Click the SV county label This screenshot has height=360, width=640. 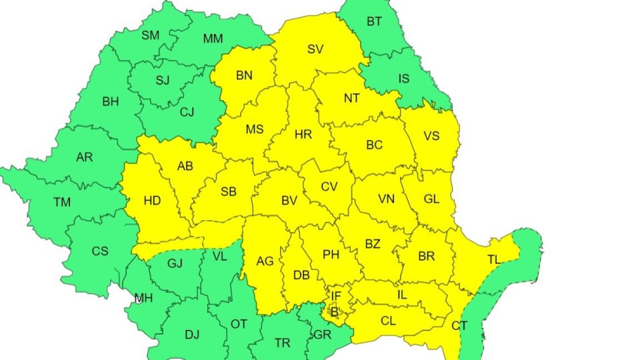[315, 49]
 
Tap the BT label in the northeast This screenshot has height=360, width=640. [374, 21]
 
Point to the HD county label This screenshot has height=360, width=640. [152, 200]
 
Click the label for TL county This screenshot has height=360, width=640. [494, 260]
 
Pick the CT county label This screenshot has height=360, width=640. [459, 326]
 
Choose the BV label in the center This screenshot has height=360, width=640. [289, 200]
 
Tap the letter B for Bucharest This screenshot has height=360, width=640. [335, 311]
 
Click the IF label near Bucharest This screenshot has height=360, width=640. [336, 295]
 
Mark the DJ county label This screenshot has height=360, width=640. [173, 335]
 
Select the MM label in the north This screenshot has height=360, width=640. [213, 39]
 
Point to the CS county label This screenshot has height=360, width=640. [100, 251]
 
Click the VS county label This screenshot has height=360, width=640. [432, 136]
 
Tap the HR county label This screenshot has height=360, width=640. [303, 135]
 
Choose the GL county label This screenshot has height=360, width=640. [432, 199]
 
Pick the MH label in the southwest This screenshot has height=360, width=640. [143, 298]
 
